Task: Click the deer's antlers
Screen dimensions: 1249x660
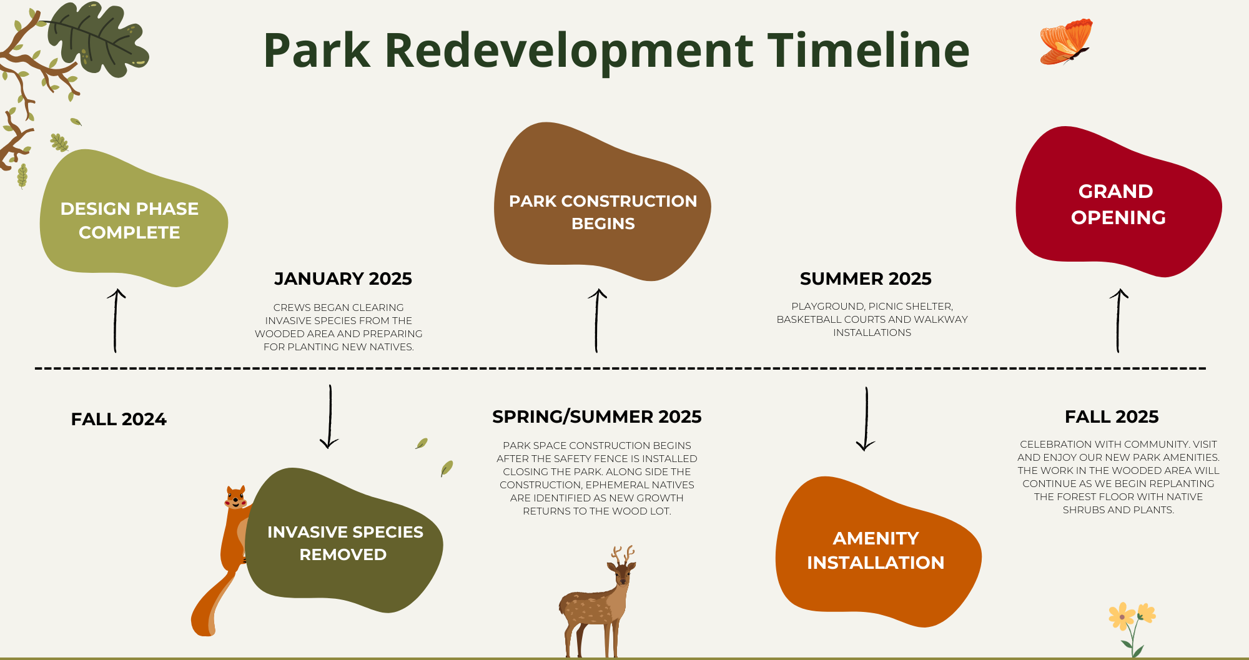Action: coord(623,555)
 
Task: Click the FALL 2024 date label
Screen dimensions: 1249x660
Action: coord(119,419)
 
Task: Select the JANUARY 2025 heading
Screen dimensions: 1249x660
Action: coord(343,278)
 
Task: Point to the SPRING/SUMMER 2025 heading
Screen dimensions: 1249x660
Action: coord(596,416)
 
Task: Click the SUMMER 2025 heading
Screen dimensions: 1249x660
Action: coord(866,278)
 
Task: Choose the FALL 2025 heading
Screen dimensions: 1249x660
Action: coord(1112,416)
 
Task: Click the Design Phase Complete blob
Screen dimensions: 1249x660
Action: coord(134,219)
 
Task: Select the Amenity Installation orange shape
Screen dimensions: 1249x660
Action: coord(877,551)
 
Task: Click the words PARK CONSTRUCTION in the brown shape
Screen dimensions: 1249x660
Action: coord(603,201)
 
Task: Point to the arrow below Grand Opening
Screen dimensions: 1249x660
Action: coord(1118,320)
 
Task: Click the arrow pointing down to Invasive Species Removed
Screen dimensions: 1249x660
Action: coord(330,416)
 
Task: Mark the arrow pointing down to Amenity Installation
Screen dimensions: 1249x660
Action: coord(866,419)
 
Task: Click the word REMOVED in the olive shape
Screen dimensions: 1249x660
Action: coord(343,554)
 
